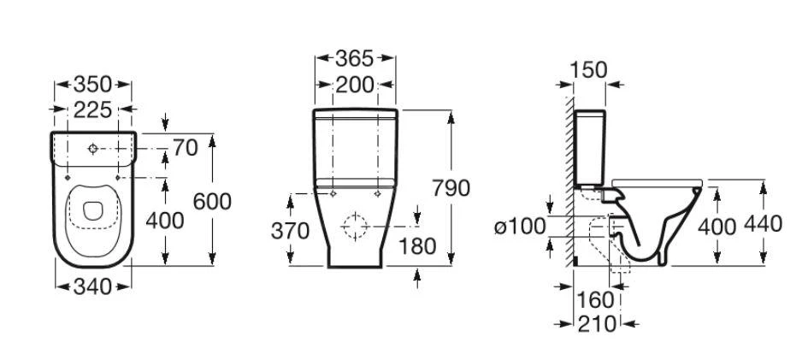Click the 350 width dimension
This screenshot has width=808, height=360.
[92, 84]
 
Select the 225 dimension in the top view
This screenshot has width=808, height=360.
[92, 109]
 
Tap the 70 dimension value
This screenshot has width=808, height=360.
[186, 148]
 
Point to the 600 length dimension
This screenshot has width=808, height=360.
[212, 201]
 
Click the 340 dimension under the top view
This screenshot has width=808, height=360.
[92, 286]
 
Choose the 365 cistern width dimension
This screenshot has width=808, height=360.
[355, 59]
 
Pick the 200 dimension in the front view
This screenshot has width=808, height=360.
[355, 85]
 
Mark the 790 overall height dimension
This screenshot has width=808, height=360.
[451, 188]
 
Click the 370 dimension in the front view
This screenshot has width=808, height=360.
[290, 231]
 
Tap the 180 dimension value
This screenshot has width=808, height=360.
[417, 246]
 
